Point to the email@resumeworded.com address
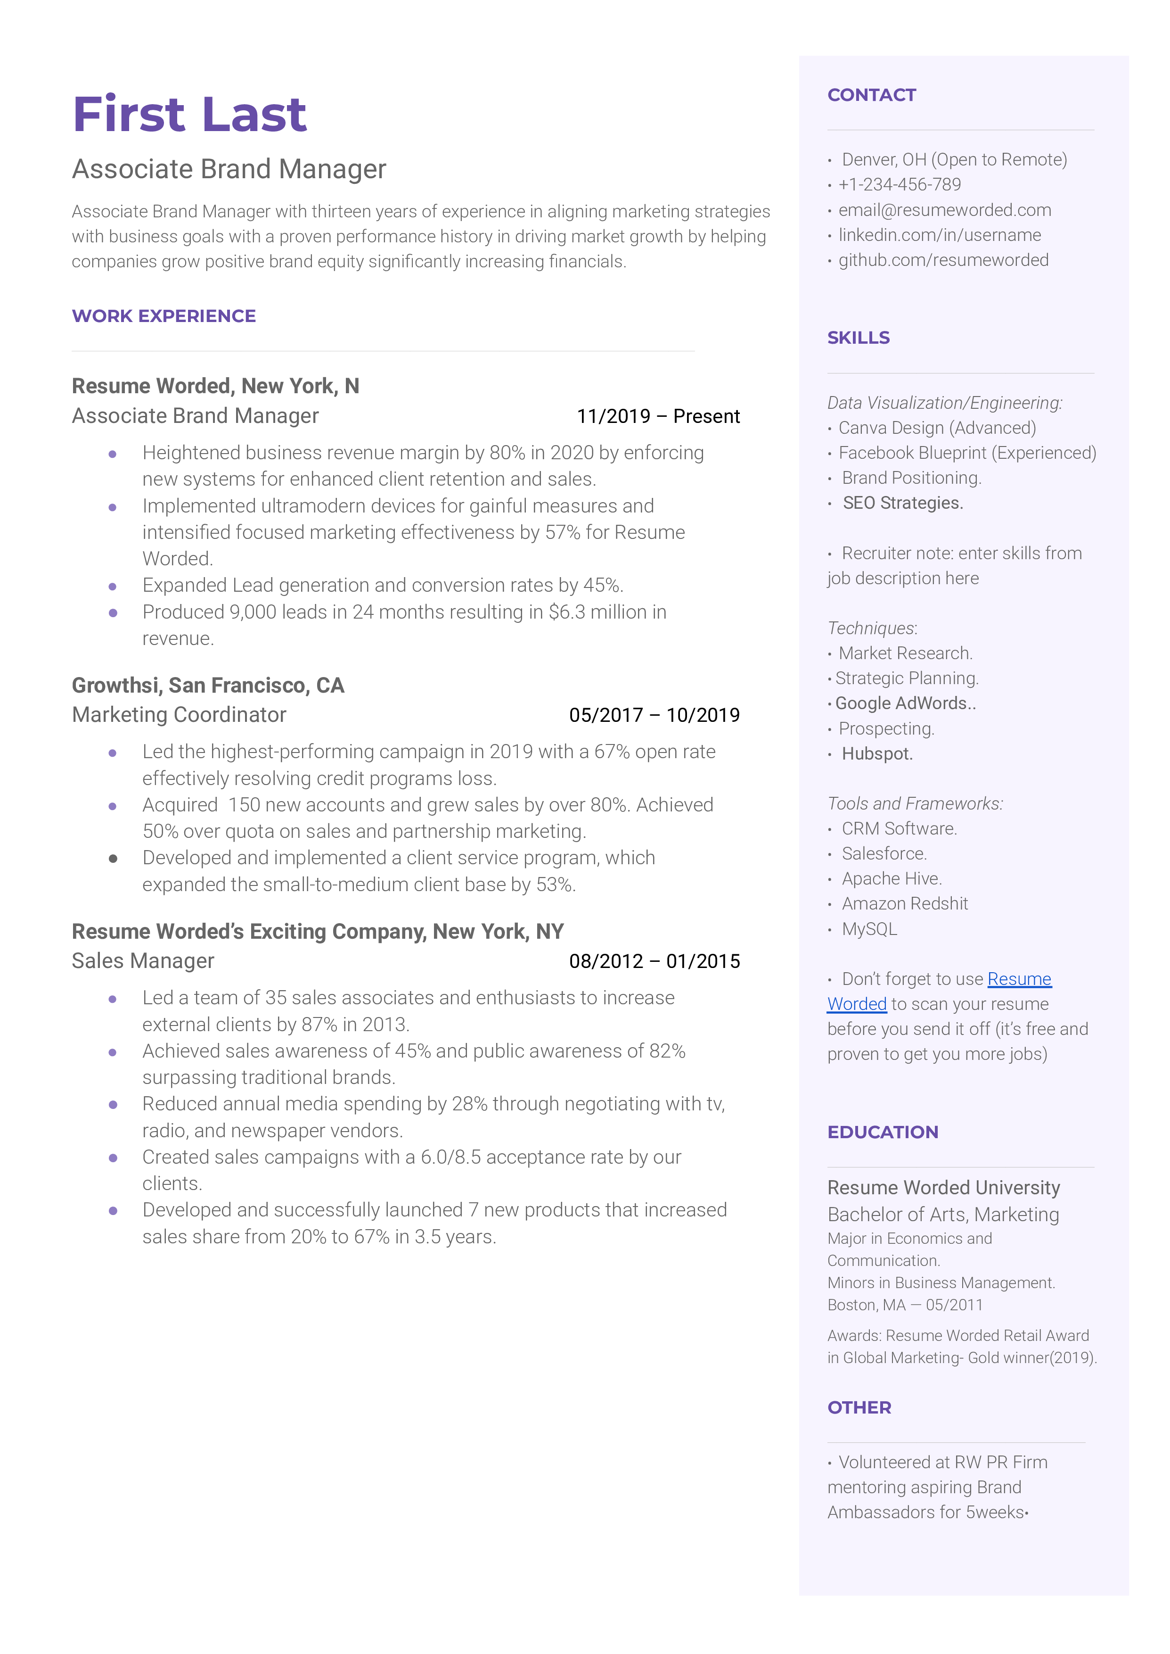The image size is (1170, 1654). click(944, 210)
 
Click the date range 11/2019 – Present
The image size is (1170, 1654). click(658, 416)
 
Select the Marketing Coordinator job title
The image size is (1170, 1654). click(179, 715)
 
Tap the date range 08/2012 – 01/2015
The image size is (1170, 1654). click(654, 961)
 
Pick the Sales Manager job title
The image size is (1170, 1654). click(143, 961)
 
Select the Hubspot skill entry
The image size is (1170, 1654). click(877, 754)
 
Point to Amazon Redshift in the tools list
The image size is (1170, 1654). click(904, 904)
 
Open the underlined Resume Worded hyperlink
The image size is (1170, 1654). click(1019, 979)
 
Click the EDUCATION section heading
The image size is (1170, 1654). click(883, 1132)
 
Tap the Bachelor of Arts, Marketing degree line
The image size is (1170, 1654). click(942, 1215)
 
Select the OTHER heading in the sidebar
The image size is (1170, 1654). click(859, 1407)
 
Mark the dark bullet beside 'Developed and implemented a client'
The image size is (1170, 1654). click(113, 858)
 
